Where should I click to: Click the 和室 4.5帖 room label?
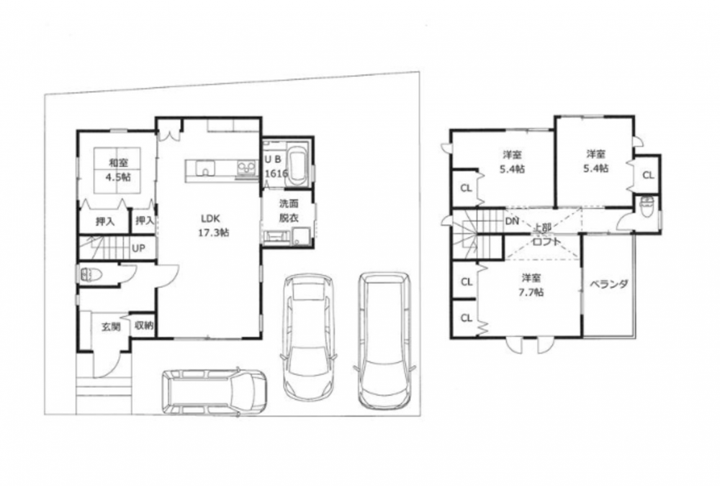[118, 169]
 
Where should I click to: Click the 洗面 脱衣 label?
[289, 210]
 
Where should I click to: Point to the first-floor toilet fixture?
[90, 275]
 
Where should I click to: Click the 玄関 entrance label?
[111, 327]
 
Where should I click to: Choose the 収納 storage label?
[144, 325]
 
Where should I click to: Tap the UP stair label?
[139, 248]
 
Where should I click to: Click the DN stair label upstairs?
[512, 222]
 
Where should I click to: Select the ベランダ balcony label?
[608, 284]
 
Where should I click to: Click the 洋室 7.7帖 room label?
[533, 285]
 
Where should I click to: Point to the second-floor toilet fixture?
[647, 207]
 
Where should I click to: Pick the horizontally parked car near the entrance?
[214, 392]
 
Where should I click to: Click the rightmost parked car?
[384, 341]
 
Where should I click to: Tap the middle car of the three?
[308, 337]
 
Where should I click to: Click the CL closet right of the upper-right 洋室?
[648, 175]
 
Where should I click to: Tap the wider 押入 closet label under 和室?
[105, 222]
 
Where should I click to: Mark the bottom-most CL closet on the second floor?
[467, 318]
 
